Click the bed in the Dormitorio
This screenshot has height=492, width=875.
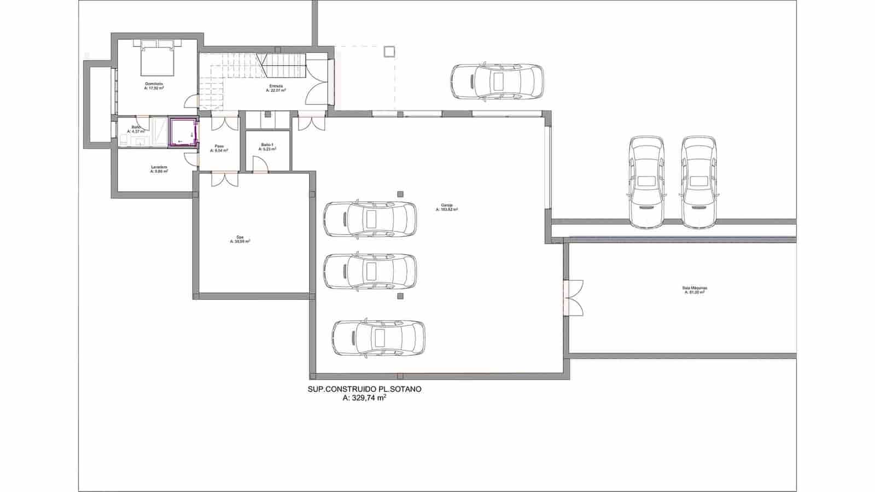157,57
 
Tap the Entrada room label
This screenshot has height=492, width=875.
276,89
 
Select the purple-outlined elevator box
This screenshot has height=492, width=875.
183,133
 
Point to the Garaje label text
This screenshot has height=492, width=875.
447,208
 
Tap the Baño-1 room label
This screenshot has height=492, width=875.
267,147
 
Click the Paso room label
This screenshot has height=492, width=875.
219,148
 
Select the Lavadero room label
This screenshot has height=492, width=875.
159,169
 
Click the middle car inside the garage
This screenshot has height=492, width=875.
370,271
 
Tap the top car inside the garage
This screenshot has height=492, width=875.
370,219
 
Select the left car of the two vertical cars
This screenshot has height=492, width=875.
646,181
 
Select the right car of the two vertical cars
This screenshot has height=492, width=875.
699,181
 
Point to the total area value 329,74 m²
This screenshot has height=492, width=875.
364,399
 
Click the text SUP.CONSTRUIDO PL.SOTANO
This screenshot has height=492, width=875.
364,389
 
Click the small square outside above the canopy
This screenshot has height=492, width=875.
389,51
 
